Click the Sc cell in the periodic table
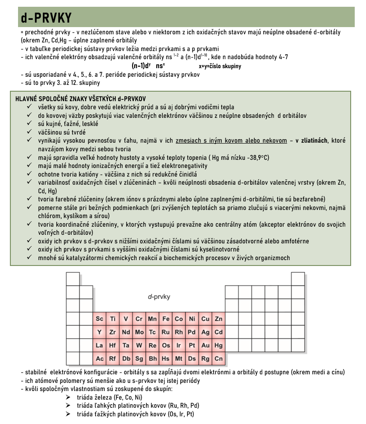coord(100,319)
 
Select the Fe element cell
coord(166,319)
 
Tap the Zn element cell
coord(219,319)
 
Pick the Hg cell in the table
coord(219,345)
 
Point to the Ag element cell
coord(206,332)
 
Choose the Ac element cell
coord(100,359)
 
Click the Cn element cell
coord(219,359)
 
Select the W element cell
coord(139,345)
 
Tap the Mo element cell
coord(139,332)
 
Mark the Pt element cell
coord(192,345)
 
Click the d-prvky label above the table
coord(159,297)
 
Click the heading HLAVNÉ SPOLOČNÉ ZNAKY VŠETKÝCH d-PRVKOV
coord(80,98)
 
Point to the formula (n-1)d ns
coord(148,65)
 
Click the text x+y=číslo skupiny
coord(220,66)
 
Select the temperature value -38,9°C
coord(257,157)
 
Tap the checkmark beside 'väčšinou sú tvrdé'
coord(29,132)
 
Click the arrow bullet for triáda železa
coord(68,397)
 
